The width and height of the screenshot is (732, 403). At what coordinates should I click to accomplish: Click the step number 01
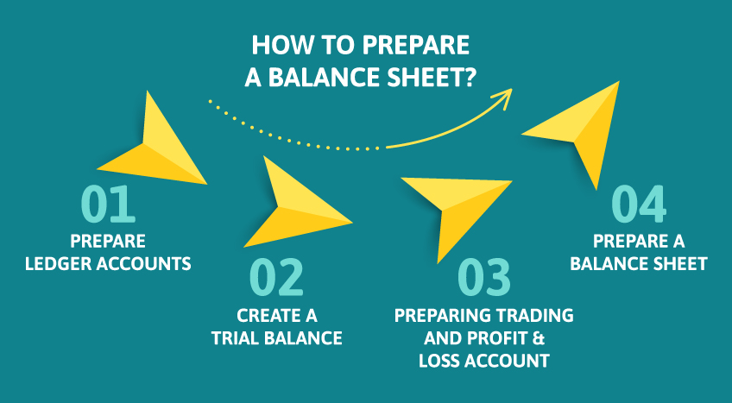click(x=109, y=205)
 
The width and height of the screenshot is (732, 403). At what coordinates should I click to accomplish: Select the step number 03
click(x=483, y=278)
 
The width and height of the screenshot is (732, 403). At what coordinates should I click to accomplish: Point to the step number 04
click(x=639, y=205)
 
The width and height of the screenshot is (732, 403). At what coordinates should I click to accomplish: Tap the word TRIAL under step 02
click(x=237, y=337)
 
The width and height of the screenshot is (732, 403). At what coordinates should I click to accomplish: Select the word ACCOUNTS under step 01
click(x=151, y=263)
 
